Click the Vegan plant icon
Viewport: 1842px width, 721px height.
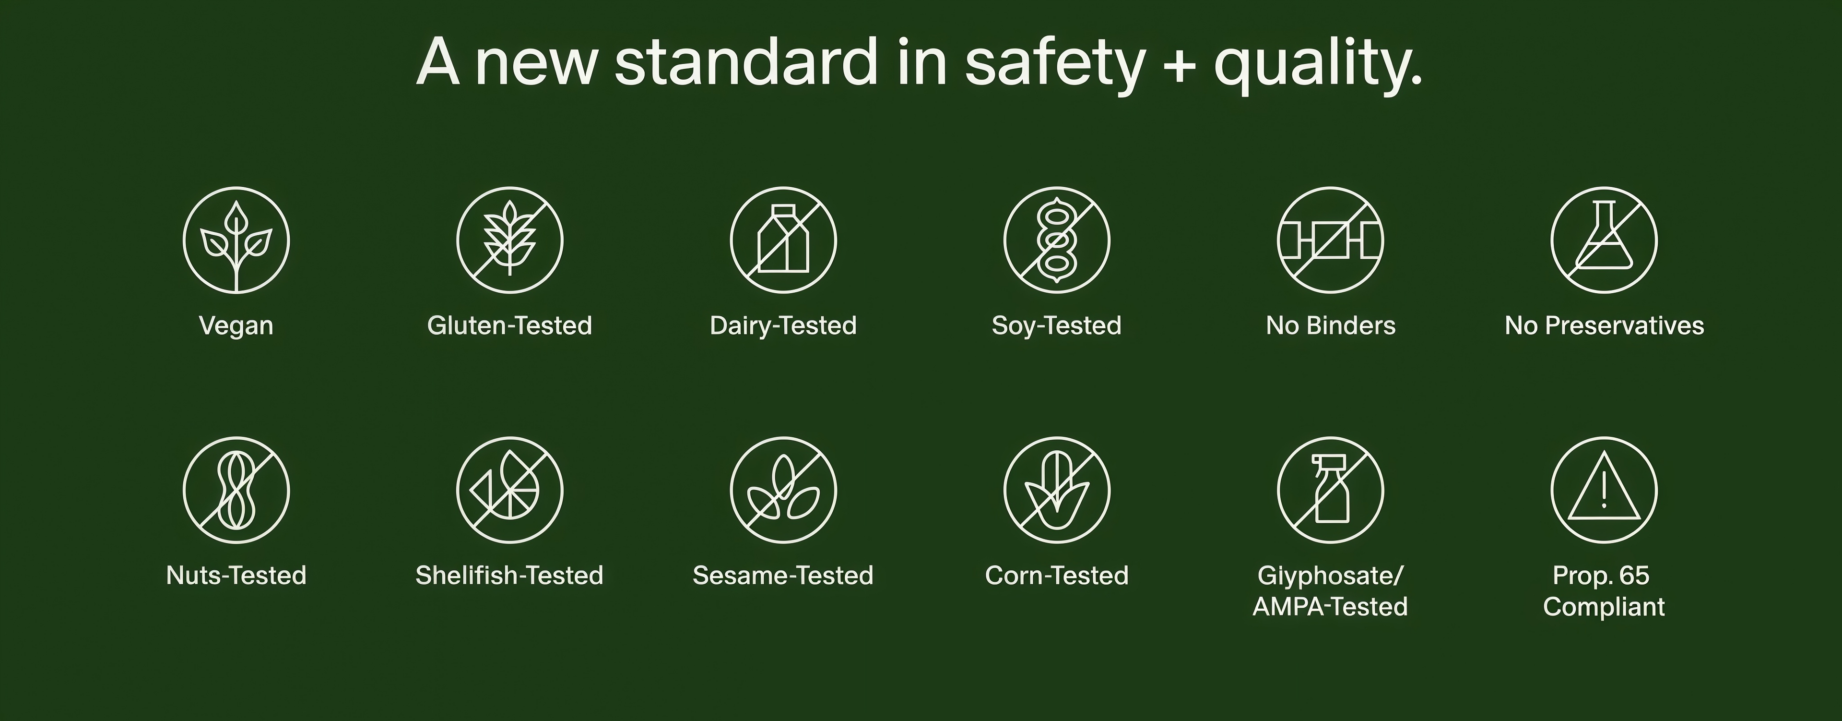(236, 240)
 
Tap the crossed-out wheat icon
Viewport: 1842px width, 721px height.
(510, 240)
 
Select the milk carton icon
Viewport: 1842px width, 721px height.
(784, 240)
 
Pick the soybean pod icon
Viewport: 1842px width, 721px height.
(1057, 240)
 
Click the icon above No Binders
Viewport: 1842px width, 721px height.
(1331, 240)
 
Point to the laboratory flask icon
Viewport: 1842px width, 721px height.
(1604, 240)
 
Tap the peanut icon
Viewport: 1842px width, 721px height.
(236, 491)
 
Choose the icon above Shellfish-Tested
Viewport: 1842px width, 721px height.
(510, 491)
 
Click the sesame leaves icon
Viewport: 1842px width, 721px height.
(784, 491)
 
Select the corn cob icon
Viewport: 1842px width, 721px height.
(1057, 491)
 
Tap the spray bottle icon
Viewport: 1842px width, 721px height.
(1331, 491)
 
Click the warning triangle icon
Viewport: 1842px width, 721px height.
(1604, 491)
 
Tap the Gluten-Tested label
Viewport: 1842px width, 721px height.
(510, 325)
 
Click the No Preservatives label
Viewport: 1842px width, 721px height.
(1605, 325)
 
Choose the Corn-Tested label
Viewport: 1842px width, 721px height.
(1057, 575)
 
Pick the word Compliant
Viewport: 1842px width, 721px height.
(1604, 607)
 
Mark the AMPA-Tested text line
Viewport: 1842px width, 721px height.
(1331, 607)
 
